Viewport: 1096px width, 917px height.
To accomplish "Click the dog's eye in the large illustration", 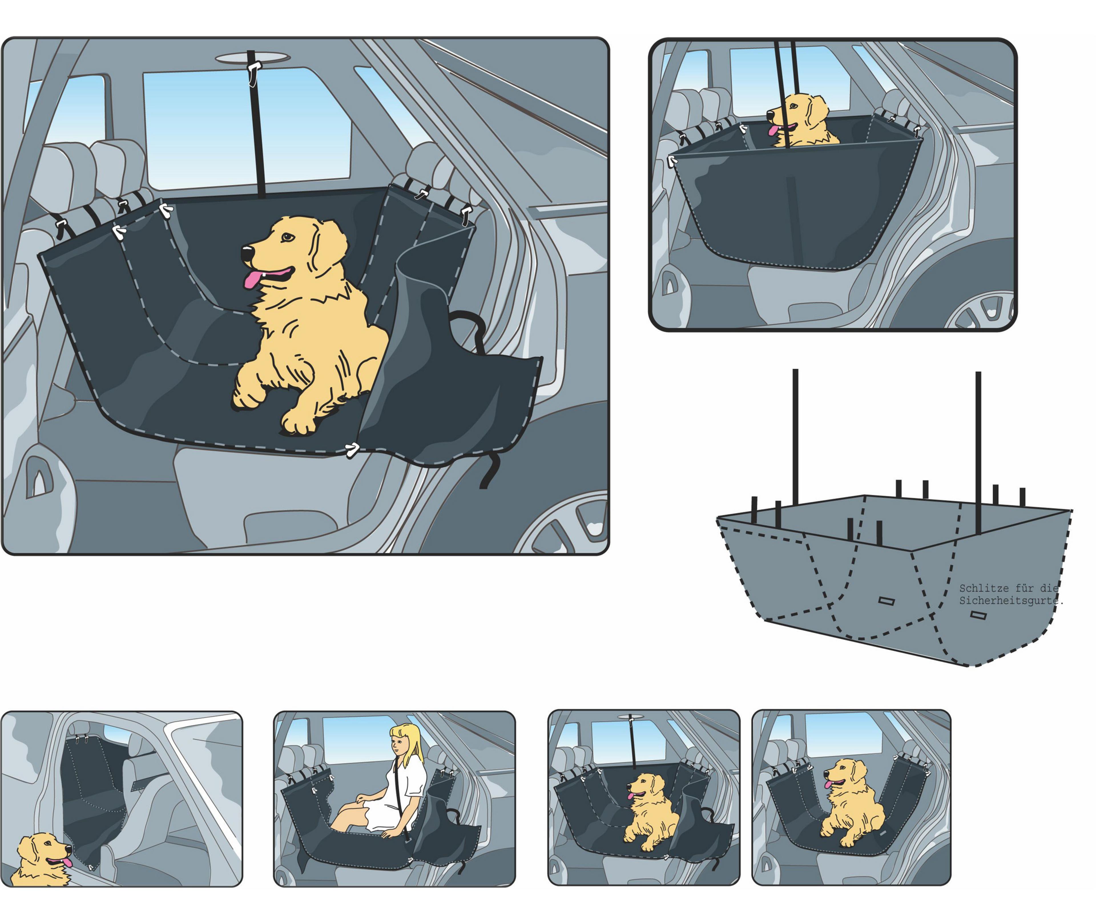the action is click(288, 237).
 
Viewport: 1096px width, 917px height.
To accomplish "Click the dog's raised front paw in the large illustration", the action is click(245, 394).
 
